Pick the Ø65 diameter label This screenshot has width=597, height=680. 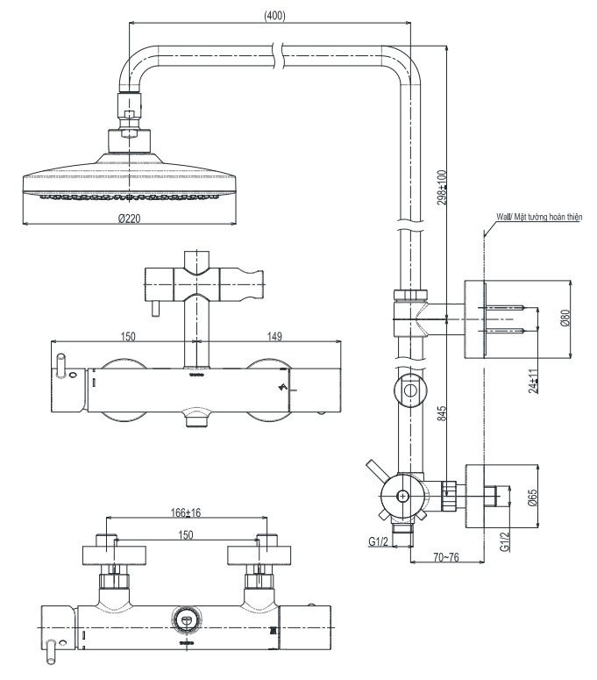(532, 499)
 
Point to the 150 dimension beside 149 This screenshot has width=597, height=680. (129, 334)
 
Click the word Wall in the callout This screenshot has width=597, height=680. (503, 214)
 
